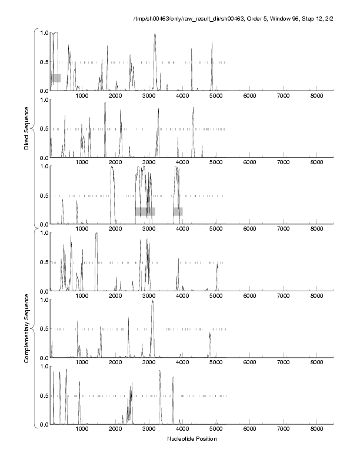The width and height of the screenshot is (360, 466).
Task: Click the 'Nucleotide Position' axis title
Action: click(192, 439)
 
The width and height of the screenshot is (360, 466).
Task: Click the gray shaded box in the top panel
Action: click(55, 78)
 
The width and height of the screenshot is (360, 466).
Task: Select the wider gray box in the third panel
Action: click(145, 211)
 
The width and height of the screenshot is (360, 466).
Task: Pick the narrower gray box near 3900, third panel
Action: click(178, 211)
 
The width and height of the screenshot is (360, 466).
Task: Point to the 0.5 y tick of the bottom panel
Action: click(43, 395)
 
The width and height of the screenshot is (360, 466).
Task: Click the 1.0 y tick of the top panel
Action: click(43, 32)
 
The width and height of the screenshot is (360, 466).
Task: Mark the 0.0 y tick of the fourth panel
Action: click(43, 291)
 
